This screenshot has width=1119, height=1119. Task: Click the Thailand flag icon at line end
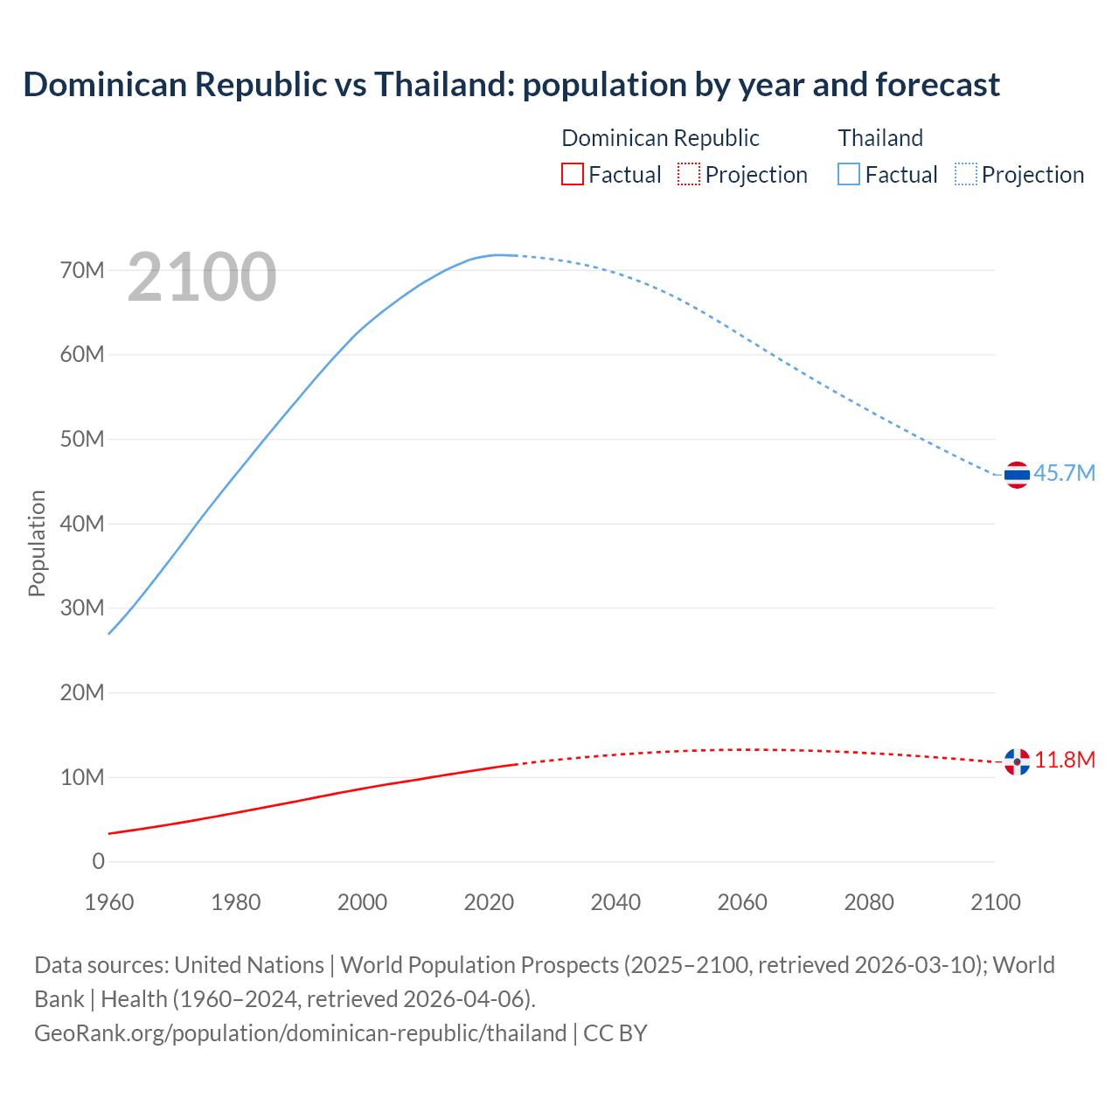[x=1017, y=475]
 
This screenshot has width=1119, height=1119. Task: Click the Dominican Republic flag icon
[x=1017, y=761]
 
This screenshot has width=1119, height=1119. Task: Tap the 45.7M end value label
[x=1064, y=473]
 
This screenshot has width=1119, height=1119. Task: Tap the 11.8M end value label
[x=1065, y=760]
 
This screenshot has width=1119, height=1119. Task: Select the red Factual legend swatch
[x=572, y=175]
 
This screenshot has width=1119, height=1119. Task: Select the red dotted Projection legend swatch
[x=689, y=175]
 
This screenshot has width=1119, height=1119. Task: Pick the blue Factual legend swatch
[x=849, y=175]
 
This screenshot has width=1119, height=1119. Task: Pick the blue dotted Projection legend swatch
[x=966, y=175]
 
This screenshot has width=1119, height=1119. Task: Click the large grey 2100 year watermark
[x=202, y=277]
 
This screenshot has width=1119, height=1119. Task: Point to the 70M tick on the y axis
[x=82, y=270]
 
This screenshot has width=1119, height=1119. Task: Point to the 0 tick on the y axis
[x=98, y=862]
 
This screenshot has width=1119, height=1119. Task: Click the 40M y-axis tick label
[x=82, y=524]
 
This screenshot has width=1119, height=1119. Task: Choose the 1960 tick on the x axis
[x=109, y=902]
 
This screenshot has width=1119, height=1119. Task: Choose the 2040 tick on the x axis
[x=615, y=902]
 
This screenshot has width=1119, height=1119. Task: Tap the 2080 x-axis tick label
[x=869, y=902]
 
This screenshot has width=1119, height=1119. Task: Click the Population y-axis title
[x=37, y=543]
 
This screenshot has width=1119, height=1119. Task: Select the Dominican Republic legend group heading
[x=660, y=138]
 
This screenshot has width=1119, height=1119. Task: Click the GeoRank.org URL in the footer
[x=300, y=1033]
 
